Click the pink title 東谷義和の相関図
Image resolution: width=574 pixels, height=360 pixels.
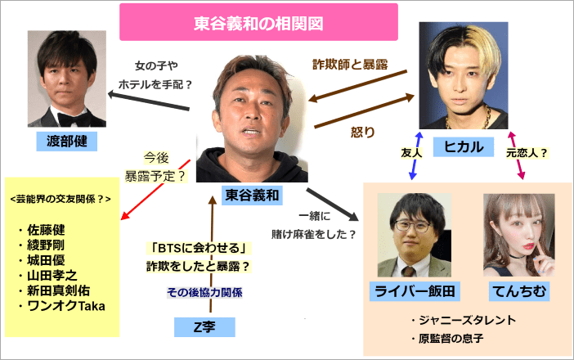pyautogui.click(x=258, y=23)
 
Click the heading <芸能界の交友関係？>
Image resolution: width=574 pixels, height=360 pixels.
pyautogui.click(x=60, y=199)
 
